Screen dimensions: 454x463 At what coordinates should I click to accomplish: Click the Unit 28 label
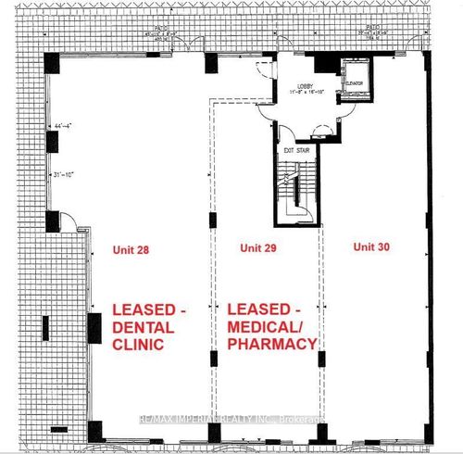(x=130, y=249)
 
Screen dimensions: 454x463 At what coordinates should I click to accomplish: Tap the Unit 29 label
(x=257, y=248)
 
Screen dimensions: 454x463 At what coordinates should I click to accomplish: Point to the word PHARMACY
(x=272, y=344)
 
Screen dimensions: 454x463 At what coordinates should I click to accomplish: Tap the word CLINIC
(x=137, y=345)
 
